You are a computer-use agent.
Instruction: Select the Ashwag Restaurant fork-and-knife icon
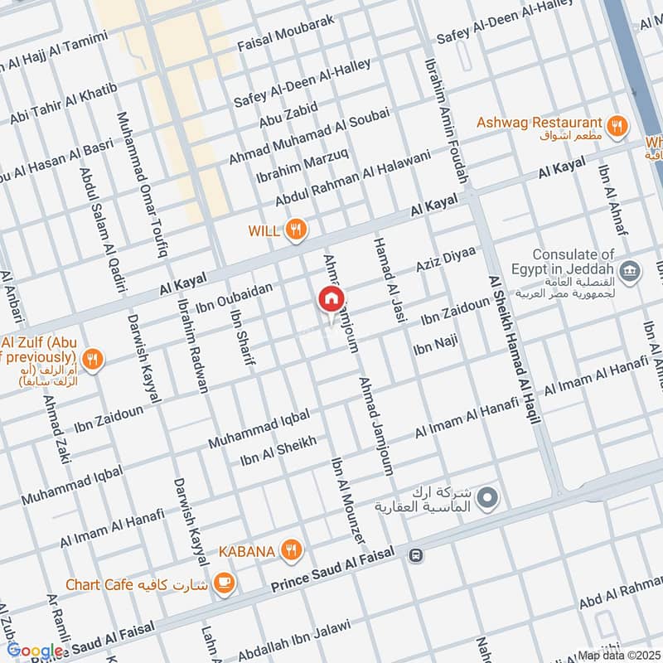coord(616,126)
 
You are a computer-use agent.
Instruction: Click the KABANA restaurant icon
coord(291,549)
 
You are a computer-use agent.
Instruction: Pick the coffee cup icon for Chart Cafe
coord(223,583)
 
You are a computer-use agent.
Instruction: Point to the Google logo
coord(35,651)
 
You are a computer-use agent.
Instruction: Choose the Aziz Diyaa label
coord(445,258)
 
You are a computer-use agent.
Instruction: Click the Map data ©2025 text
coord(618,655)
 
